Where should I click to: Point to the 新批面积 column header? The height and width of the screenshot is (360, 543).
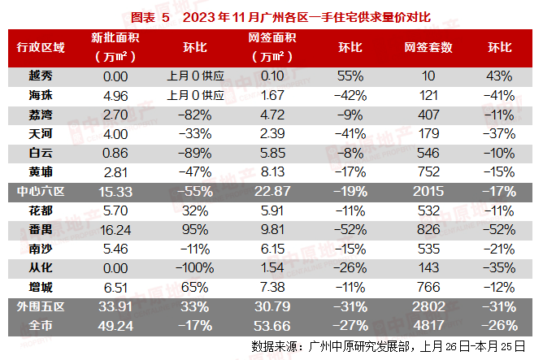[x=114, y=39]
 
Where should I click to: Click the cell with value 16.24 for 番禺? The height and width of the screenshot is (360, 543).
[x=115, y=228]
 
